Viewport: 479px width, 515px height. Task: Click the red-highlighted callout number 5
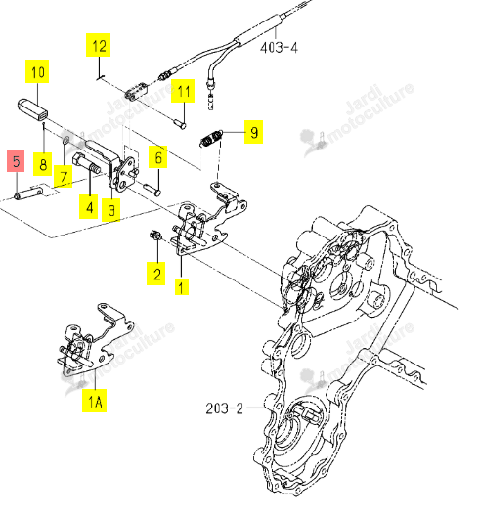click(16, 161)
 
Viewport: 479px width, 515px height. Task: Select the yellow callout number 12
click(98, 45)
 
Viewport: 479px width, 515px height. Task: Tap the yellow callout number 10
click(37, 71)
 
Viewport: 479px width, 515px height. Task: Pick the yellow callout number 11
click(183, 91)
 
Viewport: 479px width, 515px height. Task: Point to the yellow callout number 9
click(253, 132)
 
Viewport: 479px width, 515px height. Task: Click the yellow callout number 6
click(158, 157)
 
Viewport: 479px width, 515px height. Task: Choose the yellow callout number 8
click(43, 164)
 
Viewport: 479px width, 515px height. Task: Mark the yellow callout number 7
click(64, 177)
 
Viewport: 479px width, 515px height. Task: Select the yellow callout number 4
click(89, 207)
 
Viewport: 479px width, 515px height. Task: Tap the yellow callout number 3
click(111, 209)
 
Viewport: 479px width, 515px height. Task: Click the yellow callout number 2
click(156, 274)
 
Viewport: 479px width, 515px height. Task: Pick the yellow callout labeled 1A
click(94, 401)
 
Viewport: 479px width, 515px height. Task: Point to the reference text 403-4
click(279, 48)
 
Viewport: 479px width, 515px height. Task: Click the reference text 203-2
click(225, 408)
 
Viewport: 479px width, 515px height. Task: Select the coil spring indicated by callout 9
click(211, 138)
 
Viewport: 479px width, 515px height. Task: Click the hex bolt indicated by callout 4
click(85, 163)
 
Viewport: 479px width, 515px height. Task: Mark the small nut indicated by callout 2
click(154, 236)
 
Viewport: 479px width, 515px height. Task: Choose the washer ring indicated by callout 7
click(65, 141)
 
